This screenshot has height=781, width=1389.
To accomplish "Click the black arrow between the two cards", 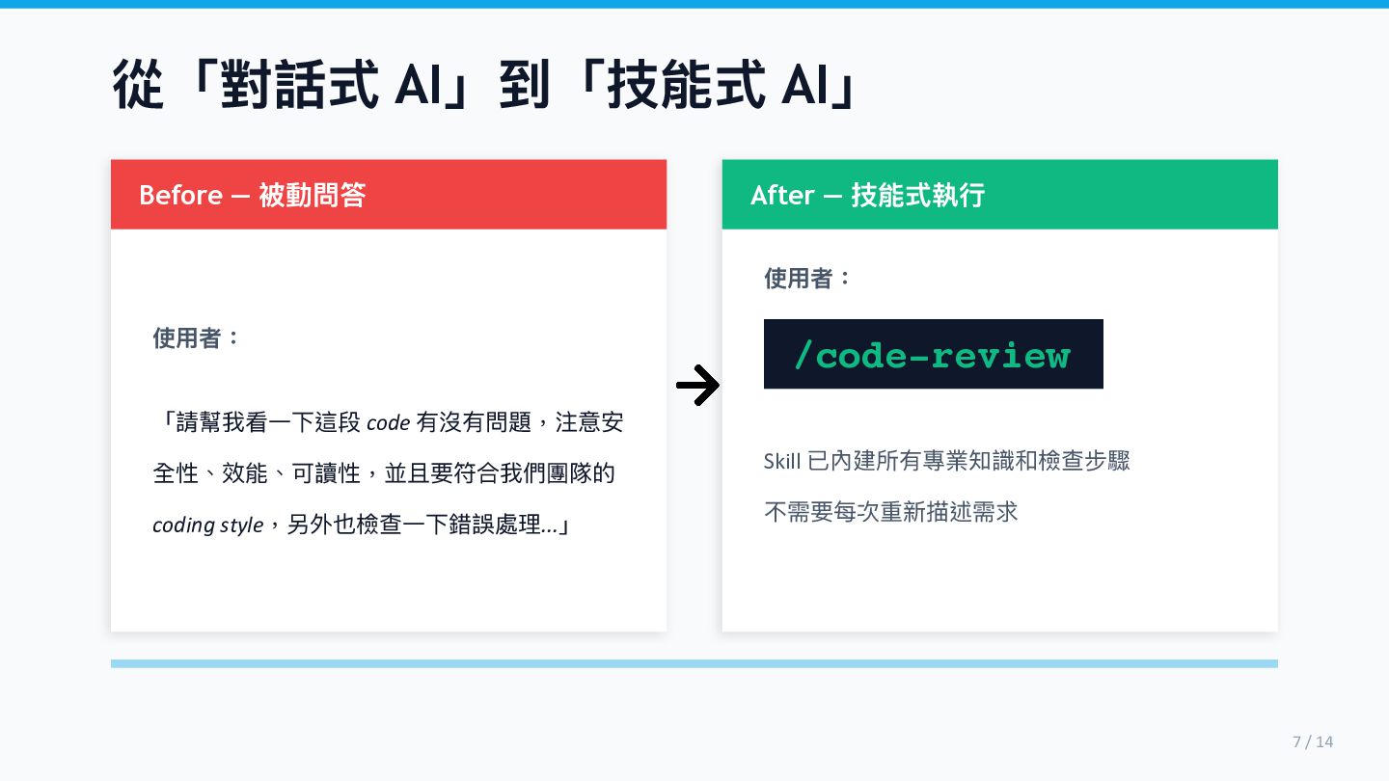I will pyautogui.click(x=697, y=387).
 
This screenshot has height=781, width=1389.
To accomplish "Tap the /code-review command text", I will pyautogui.click(x=932, y=355).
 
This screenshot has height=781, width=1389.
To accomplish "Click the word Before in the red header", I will pyautogui.click(x=180, y=195).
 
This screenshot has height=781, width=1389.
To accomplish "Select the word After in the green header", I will pyautogui.click(x=782, y=195).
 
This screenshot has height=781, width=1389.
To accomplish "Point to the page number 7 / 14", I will pyautogui.click(x=1312, y=741).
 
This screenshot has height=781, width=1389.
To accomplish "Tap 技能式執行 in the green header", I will pyautogui.click(x=917, y=195).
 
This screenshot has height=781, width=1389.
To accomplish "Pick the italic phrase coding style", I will pyautogui.click(x=207, y=525).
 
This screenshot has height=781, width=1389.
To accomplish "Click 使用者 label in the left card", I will pyautogui.click(x=188, y=337).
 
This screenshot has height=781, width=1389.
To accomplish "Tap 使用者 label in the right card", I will pyautogui.click(x=800, y=279).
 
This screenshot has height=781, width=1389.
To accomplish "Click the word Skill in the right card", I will pyautogui.click(x=782, y=461).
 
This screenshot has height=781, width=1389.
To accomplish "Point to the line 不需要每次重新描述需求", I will pyautogui.click(x=890, y=511).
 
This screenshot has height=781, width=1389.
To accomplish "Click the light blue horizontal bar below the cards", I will pyautogui.click(x=694, y=663).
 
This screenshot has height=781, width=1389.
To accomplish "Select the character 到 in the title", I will pyautogui.click(x=525, y=85).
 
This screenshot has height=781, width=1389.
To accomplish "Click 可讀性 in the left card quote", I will pyautogui.click(x=329, y=473).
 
